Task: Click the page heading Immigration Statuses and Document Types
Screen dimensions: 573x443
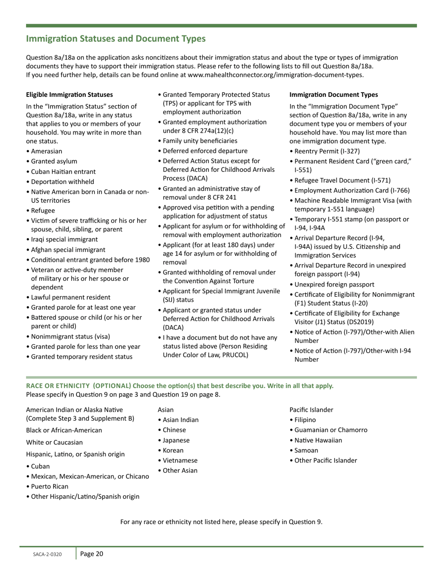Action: coord(116,39)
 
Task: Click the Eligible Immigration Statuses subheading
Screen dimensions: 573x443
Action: coord(69,94)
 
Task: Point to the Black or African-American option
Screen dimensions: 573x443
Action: coord(64,430)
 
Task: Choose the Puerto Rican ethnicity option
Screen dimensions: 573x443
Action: coord(49,486)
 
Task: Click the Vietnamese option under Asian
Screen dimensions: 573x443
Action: coord(180,460)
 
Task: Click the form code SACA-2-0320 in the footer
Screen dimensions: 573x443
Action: coord(47,555)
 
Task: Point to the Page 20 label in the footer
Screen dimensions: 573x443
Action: coord(92,554)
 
